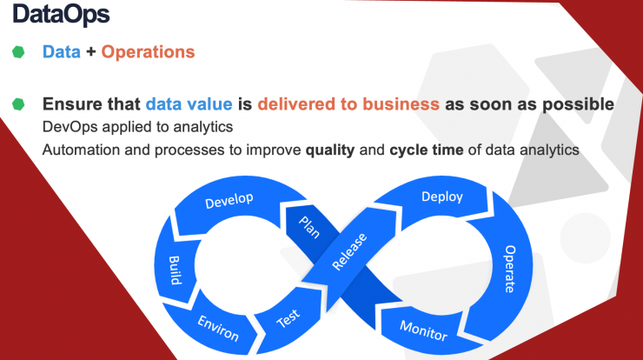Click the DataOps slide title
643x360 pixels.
61,15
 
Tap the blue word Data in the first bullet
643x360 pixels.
62,51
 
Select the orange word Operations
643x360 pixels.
148,52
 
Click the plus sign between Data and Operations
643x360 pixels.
91,52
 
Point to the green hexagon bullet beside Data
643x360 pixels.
18,52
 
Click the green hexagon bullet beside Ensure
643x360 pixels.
18,104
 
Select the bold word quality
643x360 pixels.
329,150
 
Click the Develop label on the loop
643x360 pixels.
229,200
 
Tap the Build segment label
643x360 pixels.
176,270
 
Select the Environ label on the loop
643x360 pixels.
218,328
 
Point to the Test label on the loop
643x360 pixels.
288,318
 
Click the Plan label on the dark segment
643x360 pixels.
309,227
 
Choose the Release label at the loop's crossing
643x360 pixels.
349,251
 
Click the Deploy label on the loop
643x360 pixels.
442,197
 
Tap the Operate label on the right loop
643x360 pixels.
510,269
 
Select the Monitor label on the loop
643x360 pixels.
424,330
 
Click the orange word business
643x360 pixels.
401,103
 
